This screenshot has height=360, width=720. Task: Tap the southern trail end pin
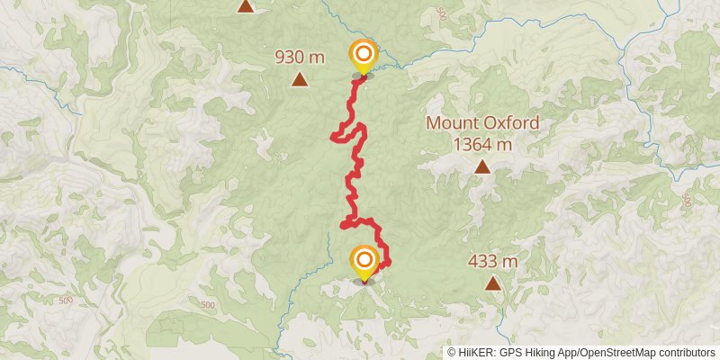(x=364, y=263)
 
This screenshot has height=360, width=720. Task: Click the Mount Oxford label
(x=482, y=123)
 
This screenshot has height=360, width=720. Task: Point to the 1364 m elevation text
(x=482, y=143)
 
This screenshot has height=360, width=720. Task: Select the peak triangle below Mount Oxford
(x=483, y=166)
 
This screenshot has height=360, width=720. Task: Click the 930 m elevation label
(x=300, y=58)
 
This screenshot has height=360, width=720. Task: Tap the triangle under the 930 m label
(x=300, y=80)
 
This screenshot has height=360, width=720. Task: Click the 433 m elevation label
(x=492, y=262)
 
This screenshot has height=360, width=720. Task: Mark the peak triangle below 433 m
(x=492, y=283)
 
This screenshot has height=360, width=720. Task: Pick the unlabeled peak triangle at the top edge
(x=246, y=6)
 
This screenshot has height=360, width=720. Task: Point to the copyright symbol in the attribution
(x=452, y=353)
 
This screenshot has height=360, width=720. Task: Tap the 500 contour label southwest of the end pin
(x=209, y=306)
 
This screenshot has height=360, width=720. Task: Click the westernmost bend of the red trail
(x=333, y=137)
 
